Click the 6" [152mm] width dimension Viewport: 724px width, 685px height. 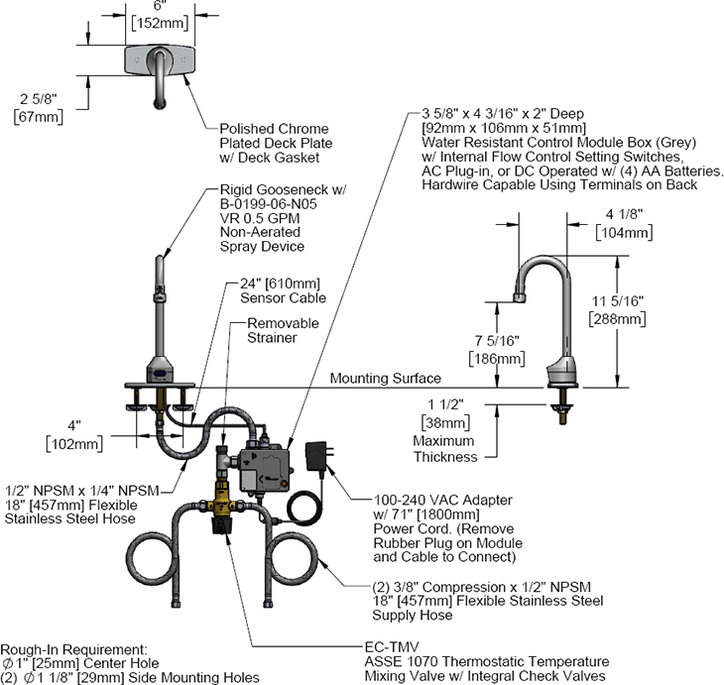click(160, 15)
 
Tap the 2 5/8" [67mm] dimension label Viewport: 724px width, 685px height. click(39, 107)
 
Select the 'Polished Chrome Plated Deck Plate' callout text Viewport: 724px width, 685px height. click(276, 136)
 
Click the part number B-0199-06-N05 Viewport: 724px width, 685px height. click(268, 203)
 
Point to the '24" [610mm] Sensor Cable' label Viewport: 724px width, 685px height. click(283, 290)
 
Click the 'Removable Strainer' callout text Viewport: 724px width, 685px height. click(283, 330)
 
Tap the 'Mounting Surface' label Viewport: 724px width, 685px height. click(385, 378)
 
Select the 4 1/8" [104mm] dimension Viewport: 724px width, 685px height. click(624, 223)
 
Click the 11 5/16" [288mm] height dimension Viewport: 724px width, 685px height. click(617, 309)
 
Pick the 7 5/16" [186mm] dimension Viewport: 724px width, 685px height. click(497, 349)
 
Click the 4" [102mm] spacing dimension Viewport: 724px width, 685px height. click(74, 434)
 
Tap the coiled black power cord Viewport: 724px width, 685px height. click(303, 507)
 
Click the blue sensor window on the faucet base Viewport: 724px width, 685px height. click(160, 372)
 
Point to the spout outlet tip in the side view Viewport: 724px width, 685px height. click(519, 297)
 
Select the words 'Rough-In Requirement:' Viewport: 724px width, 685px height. click(73, 649)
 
